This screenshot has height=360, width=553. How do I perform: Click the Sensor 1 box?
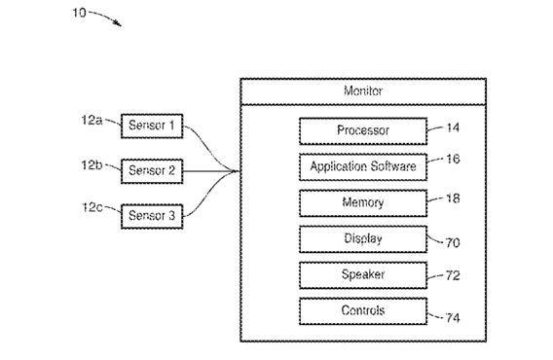(x=152, y=126)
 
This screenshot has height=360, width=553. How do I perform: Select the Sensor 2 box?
(x=152, y=171)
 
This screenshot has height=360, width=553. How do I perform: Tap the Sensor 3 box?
(x=152, y=216)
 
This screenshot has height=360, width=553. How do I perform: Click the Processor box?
(x=363, y=131)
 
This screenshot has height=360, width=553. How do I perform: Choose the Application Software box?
(x=363, y=167)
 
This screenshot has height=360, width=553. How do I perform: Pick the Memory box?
(x=363, y=203)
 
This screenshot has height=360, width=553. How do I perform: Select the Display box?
(x=363, y=239)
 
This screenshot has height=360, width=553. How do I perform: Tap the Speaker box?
(x=363, y=275)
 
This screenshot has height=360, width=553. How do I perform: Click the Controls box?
(x=363, y=311)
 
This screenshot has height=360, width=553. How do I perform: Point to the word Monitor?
(x=363, y=90)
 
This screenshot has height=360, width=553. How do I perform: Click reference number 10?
(x=80, y=13)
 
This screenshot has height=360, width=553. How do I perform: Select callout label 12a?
(x=92, y=121)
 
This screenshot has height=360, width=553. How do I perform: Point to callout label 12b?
(x=92, y=165)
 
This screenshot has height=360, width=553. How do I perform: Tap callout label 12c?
(x=92, y=207)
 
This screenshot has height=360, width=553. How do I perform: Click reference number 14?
(x=453, y=127)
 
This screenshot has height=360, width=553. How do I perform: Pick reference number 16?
(x=453, y=159)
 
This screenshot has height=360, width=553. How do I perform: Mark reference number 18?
(x=453, y=198)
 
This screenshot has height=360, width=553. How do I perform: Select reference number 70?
(x=453, y=243)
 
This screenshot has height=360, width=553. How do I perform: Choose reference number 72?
(x=453, y=275)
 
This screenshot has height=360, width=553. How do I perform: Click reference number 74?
(x=453, y=318)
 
